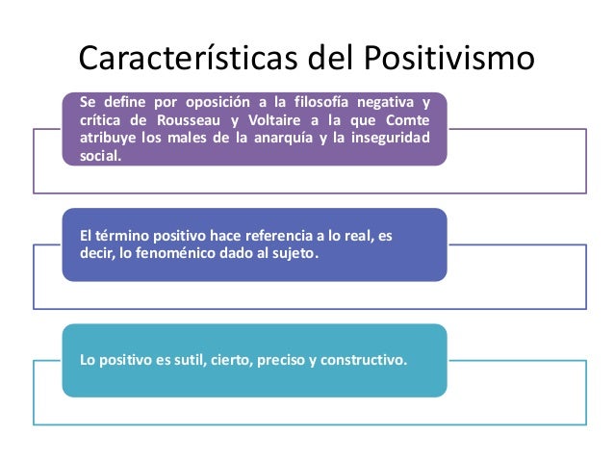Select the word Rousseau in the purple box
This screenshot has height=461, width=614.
pos(186,119)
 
